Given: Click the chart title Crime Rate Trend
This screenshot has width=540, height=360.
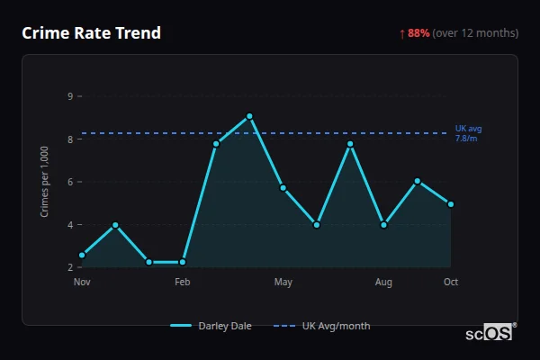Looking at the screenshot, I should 91,33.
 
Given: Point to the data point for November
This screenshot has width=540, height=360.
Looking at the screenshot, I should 82,256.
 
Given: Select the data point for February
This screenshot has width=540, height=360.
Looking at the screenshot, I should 183,262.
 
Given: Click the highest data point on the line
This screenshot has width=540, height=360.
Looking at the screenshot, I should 249,116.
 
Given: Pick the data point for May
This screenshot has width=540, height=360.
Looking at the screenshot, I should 283,187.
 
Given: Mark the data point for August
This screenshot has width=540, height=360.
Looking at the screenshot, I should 384,225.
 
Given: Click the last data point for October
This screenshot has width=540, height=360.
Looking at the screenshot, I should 451,204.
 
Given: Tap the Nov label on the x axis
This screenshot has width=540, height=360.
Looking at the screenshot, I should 82,283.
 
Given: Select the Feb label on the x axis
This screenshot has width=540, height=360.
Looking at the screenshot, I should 183,283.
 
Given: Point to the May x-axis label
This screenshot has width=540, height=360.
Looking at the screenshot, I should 283,283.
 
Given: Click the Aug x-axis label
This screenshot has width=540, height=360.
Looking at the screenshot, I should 384,283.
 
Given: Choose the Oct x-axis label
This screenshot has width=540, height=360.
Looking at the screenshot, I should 451,283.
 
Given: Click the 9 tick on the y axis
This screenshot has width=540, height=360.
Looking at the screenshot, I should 70,96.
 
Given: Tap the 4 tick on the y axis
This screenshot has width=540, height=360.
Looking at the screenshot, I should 70,225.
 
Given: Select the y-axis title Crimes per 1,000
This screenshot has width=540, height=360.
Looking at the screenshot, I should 45,181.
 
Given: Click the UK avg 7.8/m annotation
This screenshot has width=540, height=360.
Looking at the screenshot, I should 468,133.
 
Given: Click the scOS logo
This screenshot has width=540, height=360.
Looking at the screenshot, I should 490,332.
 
